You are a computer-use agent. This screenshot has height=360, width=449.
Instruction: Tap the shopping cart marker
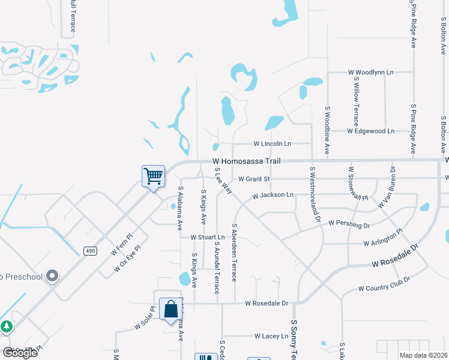pos(153,176)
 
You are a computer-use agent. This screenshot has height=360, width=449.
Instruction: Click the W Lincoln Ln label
pos(272,144)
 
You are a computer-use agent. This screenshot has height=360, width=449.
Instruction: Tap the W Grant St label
pos(254,179)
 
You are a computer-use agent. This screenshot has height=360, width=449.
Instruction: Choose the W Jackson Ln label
pos(273,195)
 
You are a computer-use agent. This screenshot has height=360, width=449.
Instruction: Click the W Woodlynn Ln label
pos(370,72)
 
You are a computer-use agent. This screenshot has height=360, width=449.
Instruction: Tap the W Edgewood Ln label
pos(370,131)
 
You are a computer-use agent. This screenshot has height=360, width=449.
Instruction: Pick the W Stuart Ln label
pos(207,237)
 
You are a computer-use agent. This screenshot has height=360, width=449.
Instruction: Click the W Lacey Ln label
pos(271,337)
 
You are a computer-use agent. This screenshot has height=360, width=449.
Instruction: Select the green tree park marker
pos(6,326)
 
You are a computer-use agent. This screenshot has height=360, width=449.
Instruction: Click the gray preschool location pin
pos(52,276)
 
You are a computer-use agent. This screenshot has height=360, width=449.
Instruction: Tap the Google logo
pos(20,353)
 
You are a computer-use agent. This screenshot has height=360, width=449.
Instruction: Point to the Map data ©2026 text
pos(423,355)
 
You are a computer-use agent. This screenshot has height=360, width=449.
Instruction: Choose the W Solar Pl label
pos(145,317)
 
